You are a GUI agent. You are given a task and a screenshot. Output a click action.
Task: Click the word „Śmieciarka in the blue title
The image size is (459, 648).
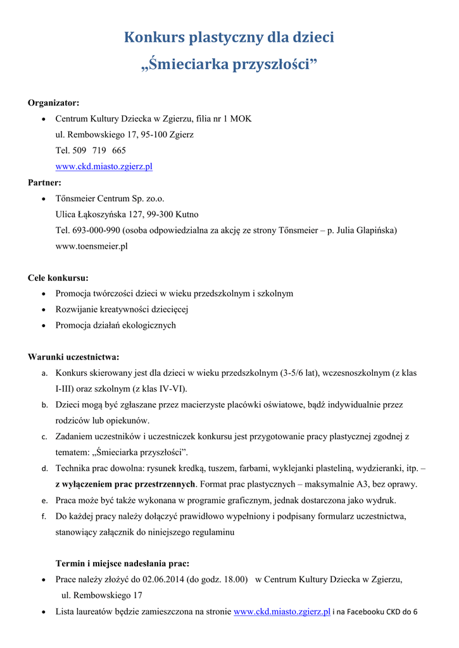coord(179,65)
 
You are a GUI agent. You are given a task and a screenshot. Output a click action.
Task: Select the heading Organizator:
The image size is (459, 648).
coord(54,103)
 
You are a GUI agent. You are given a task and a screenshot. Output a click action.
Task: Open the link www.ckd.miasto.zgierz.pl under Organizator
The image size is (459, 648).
coord(104,166)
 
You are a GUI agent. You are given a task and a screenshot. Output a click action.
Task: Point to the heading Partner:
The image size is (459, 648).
coord(44,182)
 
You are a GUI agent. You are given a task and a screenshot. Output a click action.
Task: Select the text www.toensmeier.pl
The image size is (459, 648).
coord(91,246)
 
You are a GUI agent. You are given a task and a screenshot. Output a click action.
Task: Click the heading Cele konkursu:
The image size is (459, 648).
coord(58,278)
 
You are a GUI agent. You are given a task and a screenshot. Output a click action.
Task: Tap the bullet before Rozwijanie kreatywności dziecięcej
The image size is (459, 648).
coord(42,310)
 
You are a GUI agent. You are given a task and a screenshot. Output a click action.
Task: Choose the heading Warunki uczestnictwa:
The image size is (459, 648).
coord(73,357)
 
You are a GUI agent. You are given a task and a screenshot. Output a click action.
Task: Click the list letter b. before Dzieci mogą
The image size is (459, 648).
coord(44,405)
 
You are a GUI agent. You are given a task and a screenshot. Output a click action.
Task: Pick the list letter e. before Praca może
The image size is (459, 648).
coord(44,501)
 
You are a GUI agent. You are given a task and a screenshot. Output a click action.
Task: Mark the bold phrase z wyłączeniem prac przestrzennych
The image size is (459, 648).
coord(125,485)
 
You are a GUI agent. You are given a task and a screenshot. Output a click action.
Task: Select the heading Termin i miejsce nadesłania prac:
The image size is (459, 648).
coord(122,563)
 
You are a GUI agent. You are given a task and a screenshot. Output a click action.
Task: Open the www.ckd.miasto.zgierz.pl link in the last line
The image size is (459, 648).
coord(282,611)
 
